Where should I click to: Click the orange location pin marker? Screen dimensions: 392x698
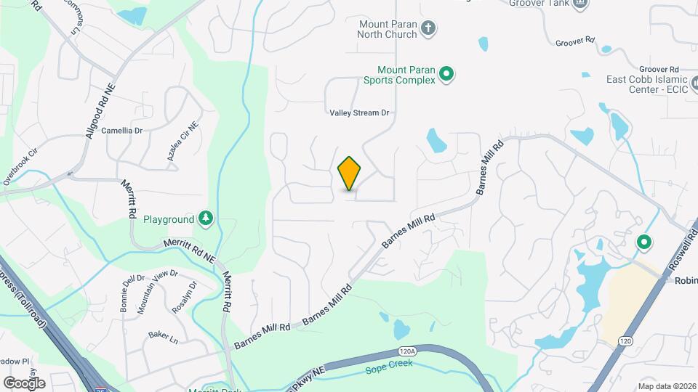(x=350, y=173)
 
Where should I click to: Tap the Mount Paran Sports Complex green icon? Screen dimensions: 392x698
(x=448, y=73)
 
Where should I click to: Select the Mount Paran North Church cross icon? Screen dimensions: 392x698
(x=429, y=29)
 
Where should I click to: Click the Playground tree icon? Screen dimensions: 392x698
(x=206, y=219)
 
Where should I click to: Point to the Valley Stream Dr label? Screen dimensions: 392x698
(x=360, y=113)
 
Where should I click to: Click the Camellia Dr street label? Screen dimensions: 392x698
(x=122, y=131)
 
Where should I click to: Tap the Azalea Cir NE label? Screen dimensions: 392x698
(x=183, y=145)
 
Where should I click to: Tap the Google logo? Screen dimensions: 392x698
(x=24, y=383)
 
